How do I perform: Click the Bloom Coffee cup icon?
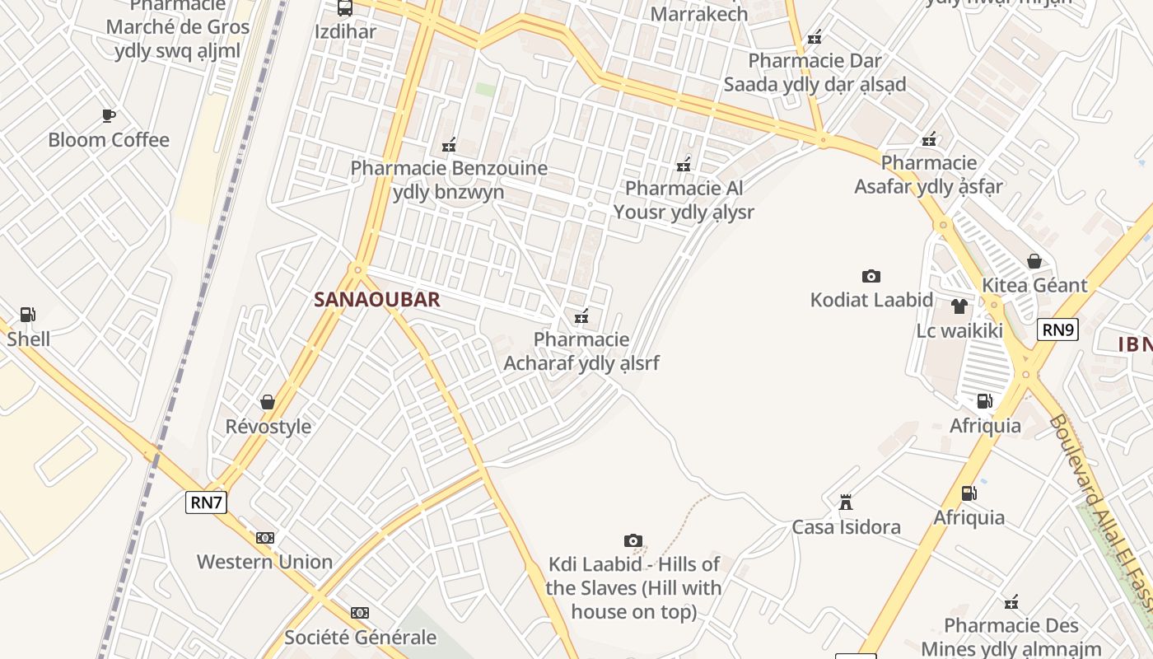tap(108, 115)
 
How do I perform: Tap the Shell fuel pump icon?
tap(27, 314)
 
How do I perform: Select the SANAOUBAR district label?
tap(377, 300)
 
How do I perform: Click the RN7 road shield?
tap(206, 502)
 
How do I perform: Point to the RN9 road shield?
tap(1057, 330)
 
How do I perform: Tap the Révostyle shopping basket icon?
tap(268, 402)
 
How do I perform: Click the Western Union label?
tap(264, 562)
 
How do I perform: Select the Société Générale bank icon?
tap(360, 613)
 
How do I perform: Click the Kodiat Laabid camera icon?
tap(871, 276)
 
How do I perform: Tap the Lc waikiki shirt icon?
tap(959, 306)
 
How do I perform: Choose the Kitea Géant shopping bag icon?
tap(1034, 261)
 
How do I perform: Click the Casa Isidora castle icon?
tap(845, 502)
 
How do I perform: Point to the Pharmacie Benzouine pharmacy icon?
tap(449, 145)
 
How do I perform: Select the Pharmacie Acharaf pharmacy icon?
tap(581, 315)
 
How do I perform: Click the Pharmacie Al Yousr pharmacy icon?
tap(683, 165)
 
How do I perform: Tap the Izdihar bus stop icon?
tap(345, 8)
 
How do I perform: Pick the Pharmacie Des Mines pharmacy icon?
tap(1011, 602)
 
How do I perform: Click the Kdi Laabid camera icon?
tap(633, 540)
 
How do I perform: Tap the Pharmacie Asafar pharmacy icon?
tap(929, 139)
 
